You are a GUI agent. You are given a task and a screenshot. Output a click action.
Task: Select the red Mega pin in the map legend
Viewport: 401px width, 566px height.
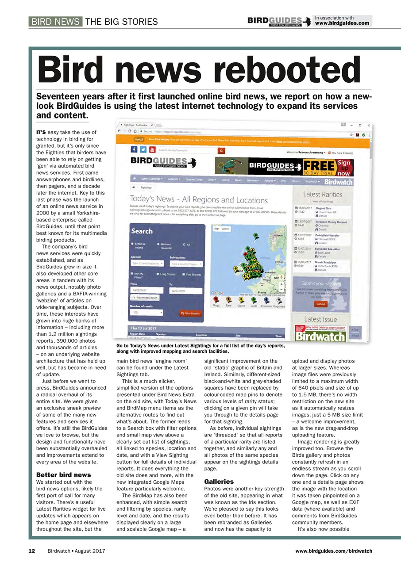point(216,301)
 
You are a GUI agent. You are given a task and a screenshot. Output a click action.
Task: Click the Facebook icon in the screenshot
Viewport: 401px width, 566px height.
point(133,149)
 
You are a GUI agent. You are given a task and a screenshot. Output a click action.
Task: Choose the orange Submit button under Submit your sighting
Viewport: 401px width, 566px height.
point(320,304)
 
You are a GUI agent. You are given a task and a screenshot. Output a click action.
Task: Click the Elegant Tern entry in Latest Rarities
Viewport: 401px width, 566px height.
point(323,208)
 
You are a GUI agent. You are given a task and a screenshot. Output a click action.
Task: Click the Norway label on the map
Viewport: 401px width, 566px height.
point(278,235)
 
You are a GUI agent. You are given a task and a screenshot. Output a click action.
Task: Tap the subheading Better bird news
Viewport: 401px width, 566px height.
point(63,474)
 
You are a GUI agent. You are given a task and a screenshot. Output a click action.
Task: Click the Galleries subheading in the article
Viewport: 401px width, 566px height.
point(219,481)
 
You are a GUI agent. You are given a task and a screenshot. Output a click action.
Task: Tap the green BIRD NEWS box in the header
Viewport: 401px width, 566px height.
point(56,22)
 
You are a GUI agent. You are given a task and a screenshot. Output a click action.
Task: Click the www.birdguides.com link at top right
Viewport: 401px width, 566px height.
point(342,23)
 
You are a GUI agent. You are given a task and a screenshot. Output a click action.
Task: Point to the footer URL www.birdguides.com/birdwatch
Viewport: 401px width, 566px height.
point(334,551)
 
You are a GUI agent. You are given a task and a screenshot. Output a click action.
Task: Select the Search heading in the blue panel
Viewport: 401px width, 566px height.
point(142,231)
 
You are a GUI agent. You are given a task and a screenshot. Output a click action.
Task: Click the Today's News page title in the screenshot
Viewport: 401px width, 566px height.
point(198,200)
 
